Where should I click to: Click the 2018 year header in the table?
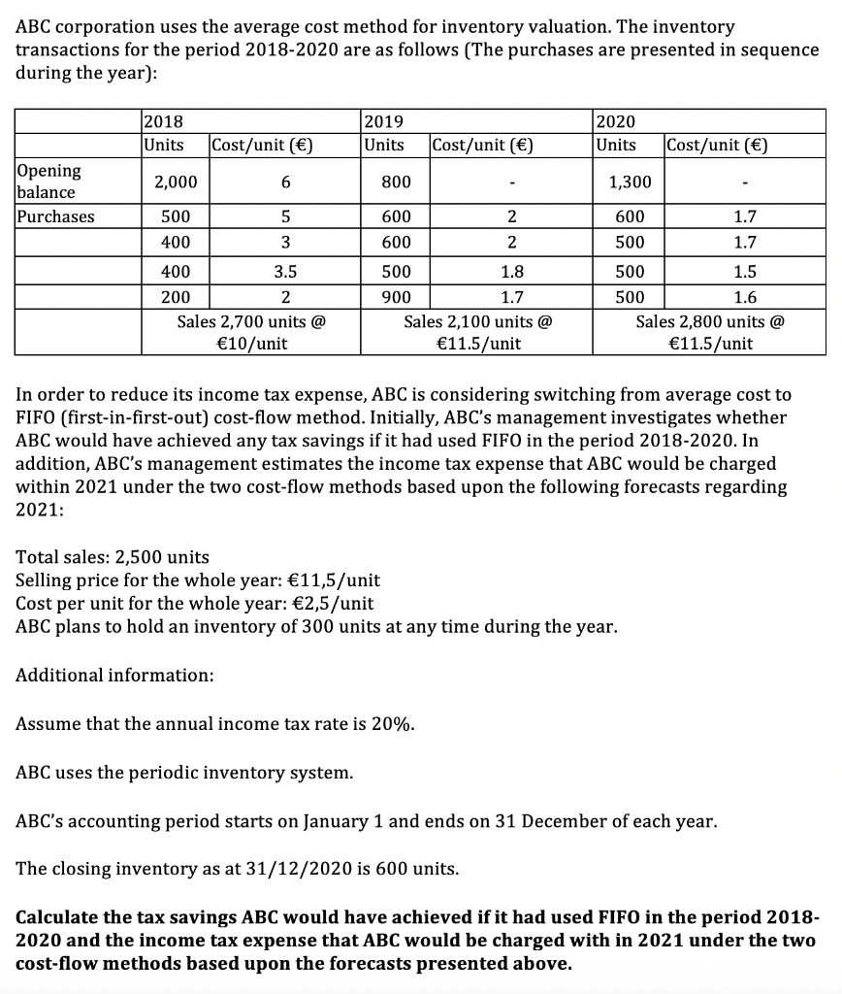click(163, 121)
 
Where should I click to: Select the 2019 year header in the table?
click(381, 121)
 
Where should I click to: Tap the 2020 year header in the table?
click(615, 121)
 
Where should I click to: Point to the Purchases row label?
click(56, 216)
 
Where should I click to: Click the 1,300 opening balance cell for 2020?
click(630, 182)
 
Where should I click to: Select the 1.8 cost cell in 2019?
click(510, 272)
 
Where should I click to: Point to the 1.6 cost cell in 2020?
click(744, 297)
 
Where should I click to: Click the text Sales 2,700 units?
click(251, 320)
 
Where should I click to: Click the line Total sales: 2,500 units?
click(113, 557)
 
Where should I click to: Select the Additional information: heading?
click(115, 674)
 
